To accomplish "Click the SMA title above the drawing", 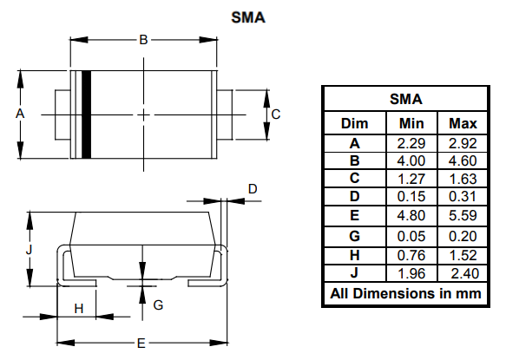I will [x=249, y=16].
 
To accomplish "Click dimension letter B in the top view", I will [x=144, y=39].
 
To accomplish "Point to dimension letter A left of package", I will [x=19, y=114].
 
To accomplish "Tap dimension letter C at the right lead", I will [x=275, y=114].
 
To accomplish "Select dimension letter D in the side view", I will [x=253, y=188].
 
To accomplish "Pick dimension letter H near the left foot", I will [x=78, y=308].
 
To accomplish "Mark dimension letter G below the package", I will [x=158, y=304].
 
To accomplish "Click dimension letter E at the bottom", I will [x=140, y=343].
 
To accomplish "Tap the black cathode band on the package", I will [x=86, y=114].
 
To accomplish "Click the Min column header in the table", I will [x=411, y=122].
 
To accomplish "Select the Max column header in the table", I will [x=463, y=122].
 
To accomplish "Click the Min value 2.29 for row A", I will [x=411, y=142].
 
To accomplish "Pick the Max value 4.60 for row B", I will [x=463, y=160].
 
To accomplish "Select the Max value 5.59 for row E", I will [x=463, y=217].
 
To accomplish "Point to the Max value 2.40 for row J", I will [x=463, y=273].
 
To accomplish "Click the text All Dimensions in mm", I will [x=404, y=293].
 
